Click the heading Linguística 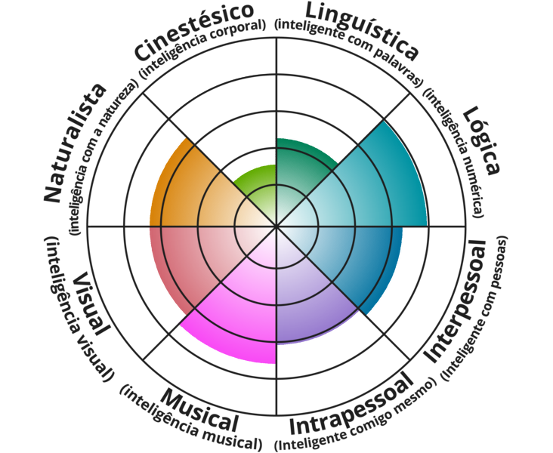coord(360,28)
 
